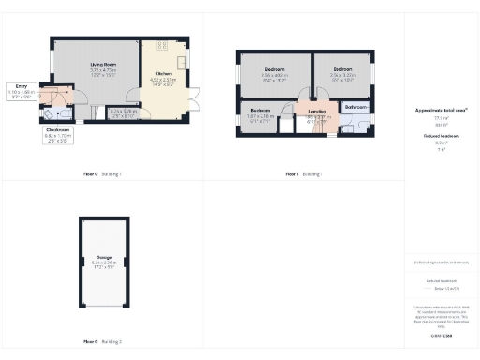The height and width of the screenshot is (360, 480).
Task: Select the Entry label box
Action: coord(21,88)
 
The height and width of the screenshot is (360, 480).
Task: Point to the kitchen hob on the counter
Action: coord(162,46)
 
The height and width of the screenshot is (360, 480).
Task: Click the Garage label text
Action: coord(104,262)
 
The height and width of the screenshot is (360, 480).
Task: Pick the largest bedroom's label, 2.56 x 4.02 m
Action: coord(274,72)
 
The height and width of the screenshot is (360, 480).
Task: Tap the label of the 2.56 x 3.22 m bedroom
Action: coord(342,72)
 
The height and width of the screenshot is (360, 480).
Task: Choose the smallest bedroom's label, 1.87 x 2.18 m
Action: coord(260,113)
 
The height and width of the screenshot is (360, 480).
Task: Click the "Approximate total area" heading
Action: coord(442,110)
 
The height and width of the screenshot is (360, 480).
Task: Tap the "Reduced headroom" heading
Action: coord(442,136)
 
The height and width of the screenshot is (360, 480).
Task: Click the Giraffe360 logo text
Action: coord(442,334)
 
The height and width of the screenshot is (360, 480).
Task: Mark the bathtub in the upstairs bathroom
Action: coord(355,127)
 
